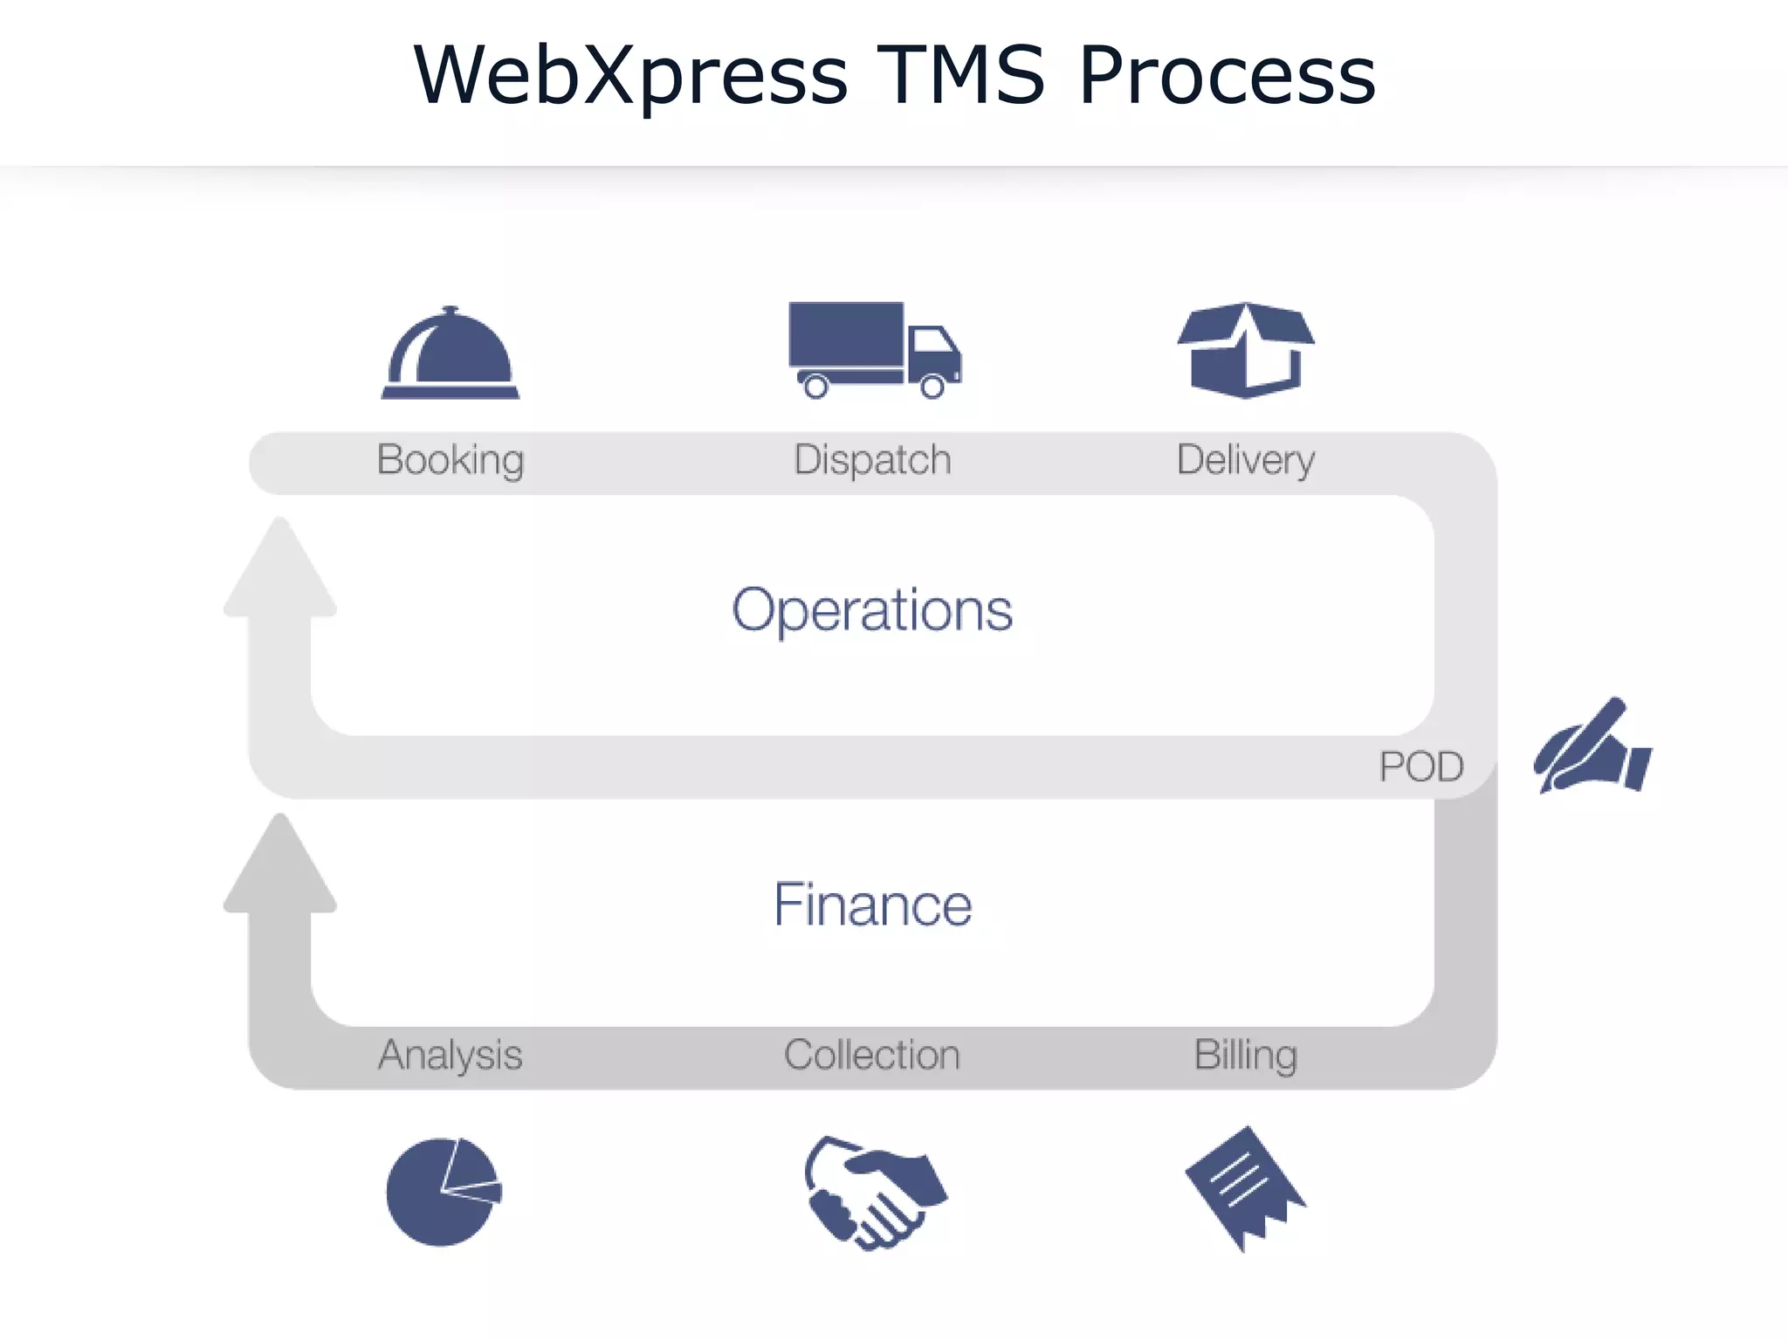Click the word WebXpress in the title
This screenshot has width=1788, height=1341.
pos(630,77)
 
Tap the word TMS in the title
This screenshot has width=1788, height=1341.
pos(960,75)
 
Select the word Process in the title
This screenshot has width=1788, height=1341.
pos(1227,77)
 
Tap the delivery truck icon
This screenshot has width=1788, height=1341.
pos(873,349)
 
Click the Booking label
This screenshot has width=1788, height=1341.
pos(450,460)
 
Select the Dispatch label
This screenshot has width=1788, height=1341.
pos(872,460)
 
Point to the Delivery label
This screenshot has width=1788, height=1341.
pos(1246,460)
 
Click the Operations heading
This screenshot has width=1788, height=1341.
pos(872,609)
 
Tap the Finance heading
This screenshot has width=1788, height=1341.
pos(872,904)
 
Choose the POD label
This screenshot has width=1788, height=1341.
pos(1421,767)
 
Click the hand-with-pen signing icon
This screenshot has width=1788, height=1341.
pos(1592,747)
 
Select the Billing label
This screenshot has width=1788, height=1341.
pos(1246,1055)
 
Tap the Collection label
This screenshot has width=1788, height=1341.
pos(872,1055)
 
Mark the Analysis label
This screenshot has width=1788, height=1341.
pos(450,1055)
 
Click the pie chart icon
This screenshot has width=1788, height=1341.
pos(444,1192)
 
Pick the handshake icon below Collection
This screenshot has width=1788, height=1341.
pos(873,1193)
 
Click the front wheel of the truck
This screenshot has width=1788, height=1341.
pos(932,386)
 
